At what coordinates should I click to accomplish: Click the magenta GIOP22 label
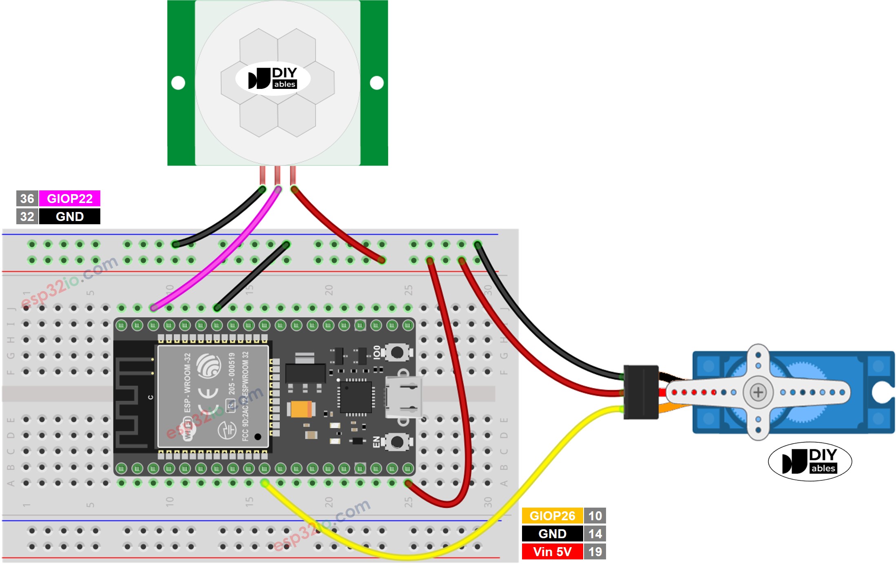coord(69,199)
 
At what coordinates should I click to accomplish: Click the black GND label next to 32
coord(69,217)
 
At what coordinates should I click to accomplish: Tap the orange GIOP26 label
coord(552,516)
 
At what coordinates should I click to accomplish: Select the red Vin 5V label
coord(552,552)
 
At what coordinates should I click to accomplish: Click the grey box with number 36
coord(27,199)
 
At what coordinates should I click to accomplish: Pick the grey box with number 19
coord(595,552)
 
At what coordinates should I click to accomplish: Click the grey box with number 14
coord(595,534)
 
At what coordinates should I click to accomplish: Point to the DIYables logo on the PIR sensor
coord(273,78)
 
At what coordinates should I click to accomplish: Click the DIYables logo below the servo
coord(810,462)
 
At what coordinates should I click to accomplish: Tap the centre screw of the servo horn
coord(758,392)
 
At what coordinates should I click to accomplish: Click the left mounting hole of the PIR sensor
coord(178,83)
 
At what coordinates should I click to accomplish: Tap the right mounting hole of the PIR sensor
coord(376,83)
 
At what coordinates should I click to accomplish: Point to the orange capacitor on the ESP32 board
coord(301,409)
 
